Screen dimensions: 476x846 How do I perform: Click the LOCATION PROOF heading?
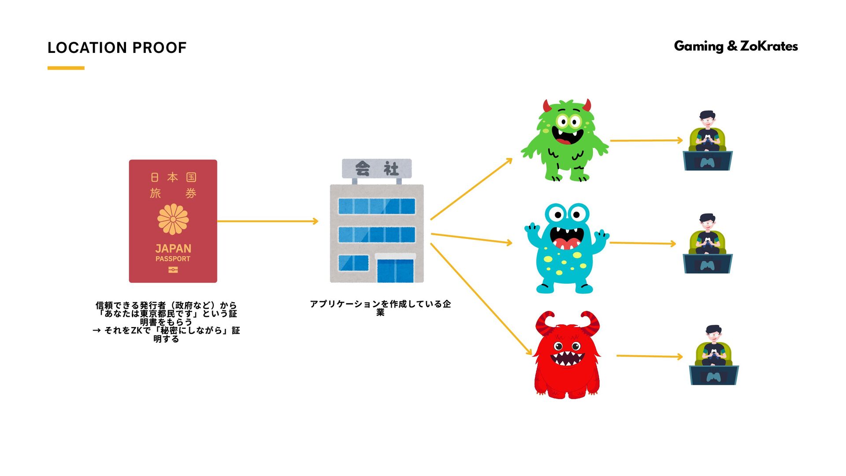pos(117,48)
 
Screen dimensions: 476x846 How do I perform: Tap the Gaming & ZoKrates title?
pos(735,46)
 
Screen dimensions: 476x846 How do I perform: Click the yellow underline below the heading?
pos(66,68)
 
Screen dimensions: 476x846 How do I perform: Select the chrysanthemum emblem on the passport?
pos(173,219)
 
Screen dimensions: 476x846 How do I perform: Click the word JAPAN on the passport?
pos(173,249)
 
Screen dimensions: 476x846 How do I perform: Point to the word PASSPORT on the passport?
pos(173,259)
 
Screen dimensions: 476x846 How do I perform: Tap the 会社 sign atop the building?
pos(377,168)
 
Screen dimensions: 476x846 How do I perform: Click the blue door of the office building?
pos(395,270)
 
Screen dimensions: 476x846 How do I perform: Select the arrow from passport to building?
pos(267,221)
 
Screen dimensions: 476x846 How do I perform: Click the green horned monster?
pos(566,140)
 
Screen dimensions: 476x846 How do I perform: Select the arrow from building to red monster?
pos(481,299)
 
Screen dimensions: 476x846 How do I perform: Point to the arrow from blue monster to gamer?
pos(642,243)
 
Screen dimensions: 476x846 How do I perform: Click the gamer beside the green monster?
pos(708,141)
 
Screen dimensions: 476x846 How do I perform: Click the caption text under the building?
pos(380,308)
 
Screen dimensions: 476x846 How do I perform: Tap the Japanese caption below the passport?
pos(166,322)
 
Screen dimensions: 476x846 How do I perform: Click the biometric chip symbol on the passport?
pos(173,270)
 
